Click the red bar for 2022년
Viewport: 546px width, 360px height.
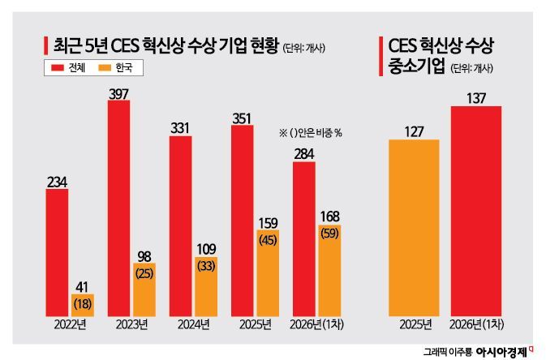pyautogui.click(x=57, y=253)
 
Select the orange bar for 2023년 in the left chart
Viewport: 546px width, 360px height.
pyautogui.click(x=144, y=289)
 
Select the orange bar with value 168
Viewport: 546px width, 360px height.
pyautogui.click(x=329, y=271)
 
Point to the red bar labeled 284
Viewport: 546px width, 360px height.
pyautogui.click(x=304, y=238)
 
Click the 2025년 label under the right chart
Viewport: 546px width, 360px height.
pyautogui.click(x=414, y=325)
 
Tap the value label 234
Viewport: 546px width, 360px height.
pyautogui.click(x=57, y=182)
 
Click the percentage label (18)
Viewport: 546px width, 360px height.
pyautogui.click(x=83, y=303)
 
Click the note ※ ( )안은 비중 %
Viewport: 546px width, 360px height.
pyautogui.click(x=311, y=132)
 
